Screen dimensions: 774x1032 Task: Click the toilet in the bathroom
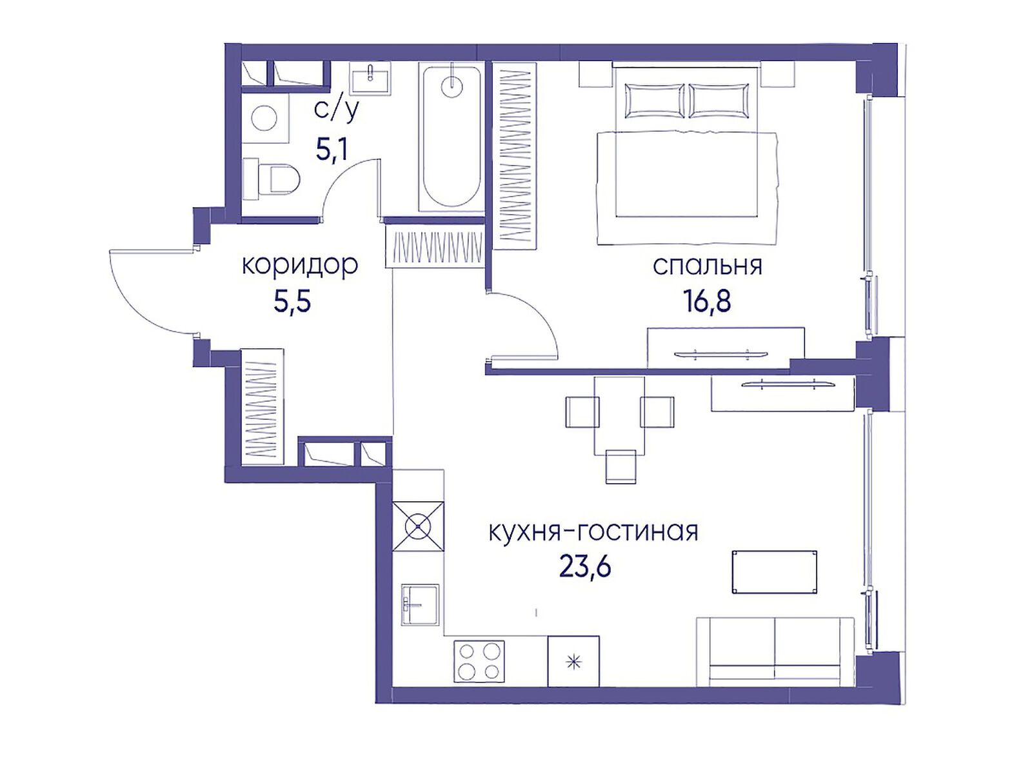click(273, 179)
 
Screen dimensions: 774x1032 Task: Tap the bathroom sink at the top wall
click(370, 78)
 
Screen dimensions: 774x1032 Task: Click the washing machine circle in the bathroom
click(264, 119)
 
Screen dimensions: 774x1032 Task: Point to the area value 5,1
click(332, 150)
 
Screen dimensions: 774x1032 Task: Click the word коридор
click(299, 265)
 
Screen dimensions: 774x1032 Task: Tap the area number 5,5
click(292, 301)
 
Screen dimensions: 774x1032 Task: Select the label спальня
click(707, 266)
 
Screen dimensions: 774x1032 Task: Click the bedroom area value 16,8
click(707, 301)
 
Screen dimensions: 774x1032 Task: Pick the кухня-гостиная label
click(593, 532)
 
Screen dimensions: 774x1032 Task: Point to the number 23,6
click(584, 567)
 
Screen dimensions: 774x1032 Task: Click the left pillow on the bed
click(653, 101)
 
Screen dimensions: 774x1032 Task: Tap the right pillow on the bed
click(719, 101)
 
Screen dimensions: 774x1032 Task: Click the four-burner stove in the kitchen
click(479, 661)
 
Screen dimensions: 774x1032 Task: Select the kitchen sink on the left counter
click(420, 604)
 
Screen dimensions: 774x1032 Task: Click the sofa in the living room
click(775, 650)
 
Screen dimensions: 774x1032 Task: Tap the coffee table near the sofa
click(775, 571)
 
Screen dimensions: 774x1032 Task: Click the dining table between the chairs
click(619, 415)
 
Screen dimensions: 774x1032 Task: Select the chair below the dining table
click(621, 467)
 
